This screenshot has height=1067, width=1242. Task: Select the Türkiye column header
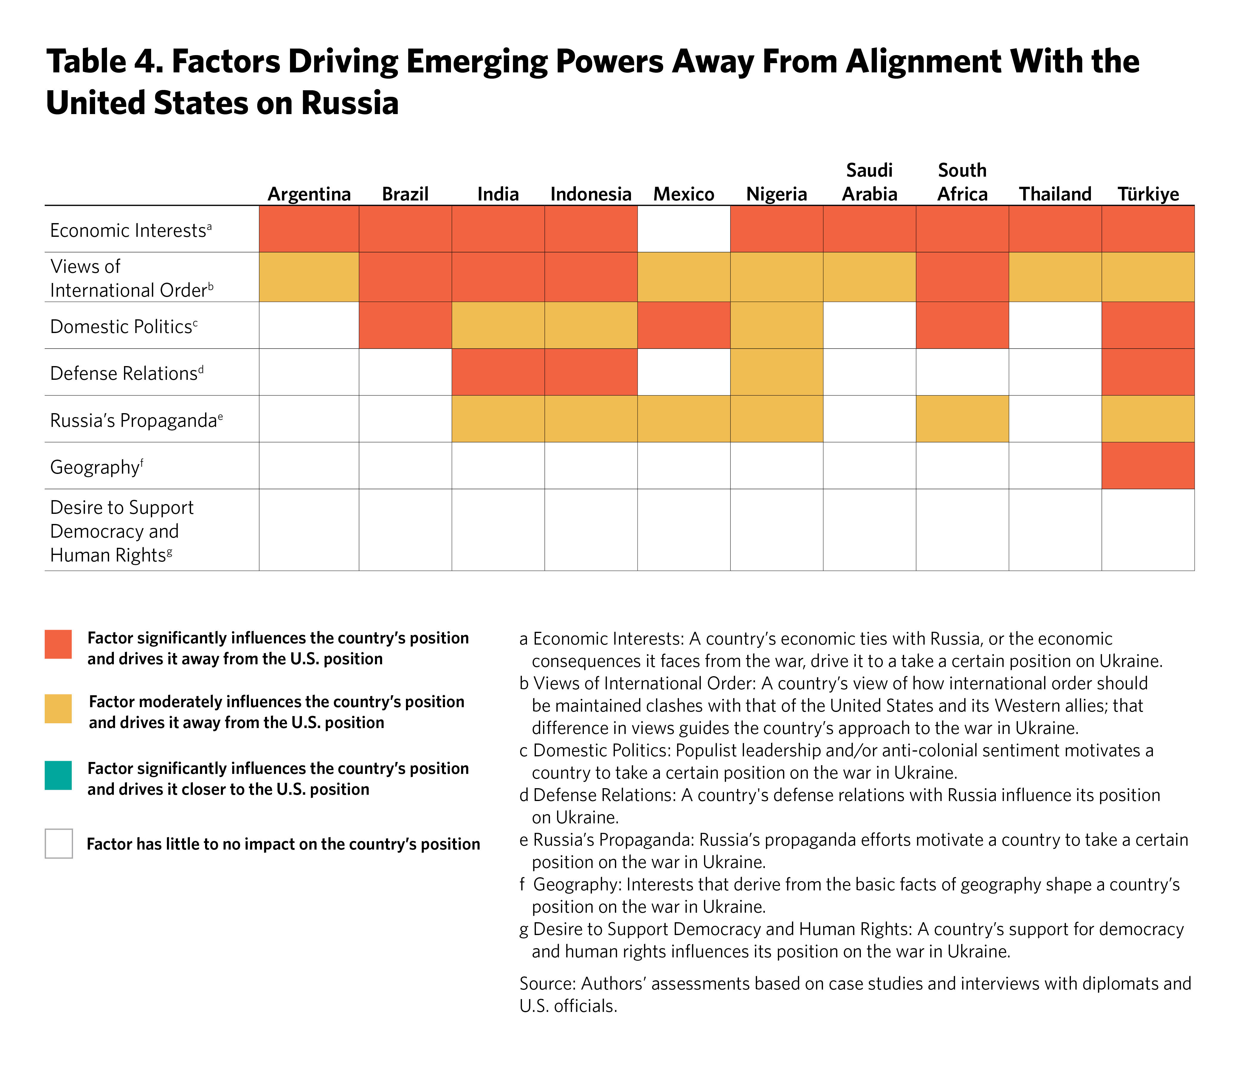point(1148,194)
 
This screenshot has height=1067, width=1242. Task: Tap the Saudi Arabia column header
point(869,182)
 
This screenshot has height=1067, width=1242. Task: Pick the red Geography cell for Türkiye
point(1148,466)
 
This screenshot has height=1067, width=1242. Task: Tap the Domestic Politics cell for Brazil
point(405,325)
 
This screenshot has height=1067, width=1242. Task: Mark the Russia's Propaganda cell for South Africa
point(962,419)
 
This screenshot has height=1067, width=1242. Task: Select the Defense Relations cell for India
point(498,372)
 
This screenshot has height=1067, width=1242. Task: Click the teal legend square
point(58,775)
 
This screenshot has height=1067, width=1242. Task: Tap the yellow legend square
point(58,709)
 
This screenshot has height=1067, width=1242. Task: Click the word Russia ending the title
point(350,103)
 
